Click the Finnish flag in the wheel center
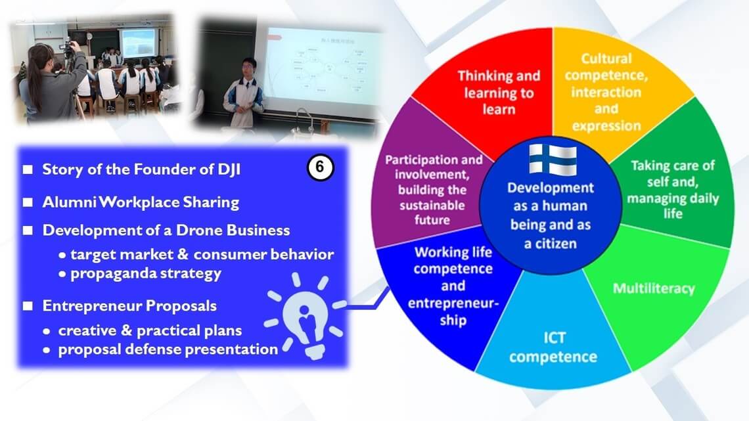tap(553, 160)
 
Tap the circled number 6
tap(320, 167)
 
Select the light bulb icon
tap(305, 315)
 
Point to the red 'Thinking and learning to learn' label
tap(499, 93)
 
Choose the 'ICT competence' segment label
tap(553, 347)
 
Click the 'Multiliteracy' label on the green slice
tap(654, 288)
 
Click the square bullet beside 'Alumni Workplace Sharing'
tap(28, 202)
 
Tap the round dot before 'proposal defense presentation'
tap(47, 350)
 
